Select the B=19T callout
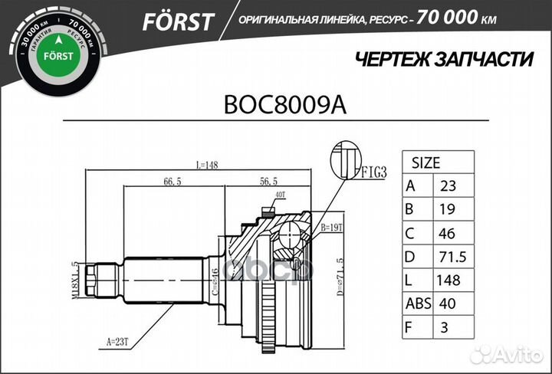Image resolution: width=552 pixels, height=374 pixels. point(331,227)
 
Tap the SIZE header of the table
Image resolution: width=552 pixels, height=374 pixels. point(426,163)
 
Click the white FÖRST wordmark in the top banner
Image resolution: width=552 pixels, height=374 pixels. point(178,21)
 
